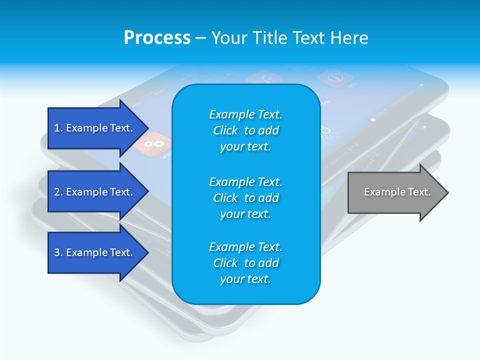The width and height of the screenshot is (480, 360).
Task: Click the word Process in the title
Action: [x=157, y=38]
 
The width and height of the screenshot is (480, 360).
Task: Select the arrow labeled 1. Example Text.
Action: [x=95, y=128]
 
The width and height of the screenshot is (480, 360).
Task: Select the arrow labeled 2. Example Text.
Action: [x=95, y=192]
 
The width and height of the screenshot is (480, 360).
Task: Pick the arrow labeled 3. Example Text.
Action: [x=95, y=252]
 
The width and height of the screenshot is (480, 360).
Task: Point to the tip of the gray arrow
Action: [x=447, y=192]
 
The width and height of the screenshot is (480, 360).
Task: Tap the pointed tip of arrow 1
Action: [x=147, y=128]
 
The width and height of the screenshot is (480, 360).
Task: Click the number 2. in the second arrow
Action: [x=58, y=192]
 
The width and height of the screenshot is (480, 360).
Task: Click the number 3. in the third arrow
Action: [x=58, y=252]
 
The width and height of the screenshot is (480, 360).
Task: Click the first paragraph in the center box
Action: [x=245, y=130]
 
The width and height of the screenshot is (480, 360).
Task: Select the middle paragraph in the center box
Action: [x=245, y=198]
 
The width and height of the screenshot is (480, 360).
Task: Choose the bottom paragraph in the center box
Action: [x=245, y=263]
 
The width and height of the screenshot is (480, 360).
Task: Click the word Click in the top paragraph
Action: [x=225, y=130]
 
